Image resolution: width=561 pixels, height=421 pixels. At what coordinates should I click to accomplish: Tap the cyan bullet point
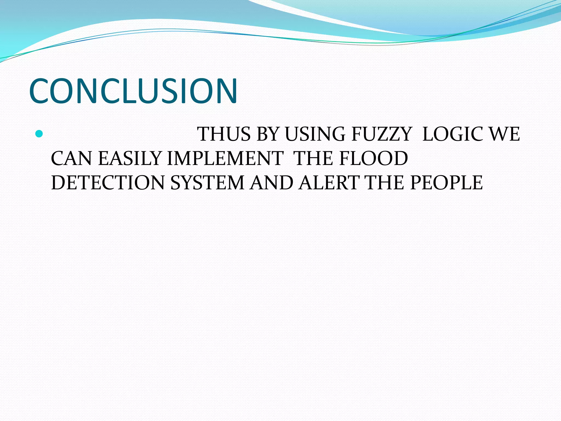(39, 134)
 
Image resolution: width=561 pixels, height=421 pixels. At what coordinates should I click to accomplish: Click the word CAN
(71, 158)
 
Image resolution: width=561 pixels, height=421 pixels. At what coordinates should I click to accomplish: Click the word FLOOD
(374, 158)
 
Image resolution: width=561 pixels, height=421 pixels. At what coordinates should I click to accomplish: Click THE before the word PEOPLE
(385, 183)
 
